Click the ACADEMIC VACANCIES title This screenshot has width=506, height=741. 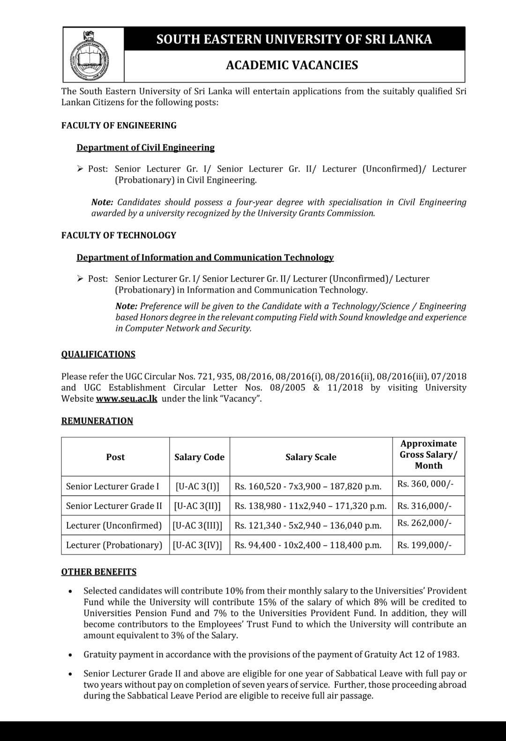point(292,65)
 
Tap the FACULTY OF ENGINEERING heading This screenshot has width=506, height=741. point(119,125)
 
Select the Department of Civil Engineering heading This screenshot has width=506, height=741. point(145,147)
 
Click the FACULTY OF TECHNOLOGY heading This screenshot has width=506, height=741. point(119,235)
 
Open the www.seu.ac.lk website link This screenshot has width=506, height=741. point(126,399)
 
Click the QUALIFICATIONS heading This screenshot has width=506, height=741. point(98,354)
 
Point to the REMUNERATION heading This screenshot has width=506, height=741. point(97,421)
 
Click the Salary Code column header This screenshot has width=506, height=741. point(199,457)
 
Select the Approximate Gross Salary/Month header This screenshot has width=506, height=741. point(428,455)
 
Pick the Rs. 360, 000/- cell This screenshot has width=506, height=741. point(425,484)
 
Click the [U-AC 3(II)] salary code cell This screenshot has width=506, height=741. point(197,506)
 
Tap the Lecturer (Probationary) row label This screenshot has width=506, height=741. point(114,545)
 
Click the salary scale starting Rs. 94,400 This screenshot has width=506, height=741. point(308,545)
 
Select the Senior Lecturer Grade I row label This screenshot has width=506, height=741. point(112,486)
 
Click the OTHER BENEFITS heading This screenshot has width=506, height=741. point(99,572)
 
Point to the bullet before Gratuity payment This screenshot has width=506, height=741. point(70,655)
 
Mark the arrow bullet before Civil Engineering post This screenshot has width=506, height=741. point(80,169)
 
